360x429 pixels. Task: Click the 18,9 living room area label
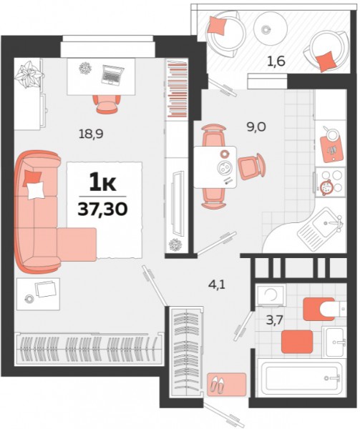[x=91, y=134]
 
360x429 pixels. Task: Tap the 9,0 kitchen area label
[x=256, y=127]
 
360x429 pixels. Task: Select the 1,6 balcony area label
[x=276, y=61]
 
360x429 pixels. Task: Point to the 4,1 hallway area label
[x=217, y=285]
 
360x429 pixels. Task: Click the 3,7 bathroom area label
[x=274, y=320]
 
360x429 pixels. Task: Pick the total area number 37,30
[x=102, y=209]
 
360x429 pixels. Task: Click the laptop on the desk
[x=112, y=74]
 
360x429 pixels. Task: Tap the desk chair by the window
[x=107, y=104]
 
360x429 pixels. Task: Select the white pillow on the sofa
[x=36, y=190]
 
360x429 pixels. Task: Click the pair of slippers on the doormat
[x=217, y=385]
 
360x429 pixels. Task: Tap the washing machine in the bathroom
[x=271, y=295]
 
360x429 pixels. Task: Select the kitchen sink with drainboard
[x=321, y=230]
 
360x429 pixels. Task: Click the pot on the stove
[x=326, y=187]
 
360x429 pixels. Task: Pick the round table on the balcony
[x=271, y=28]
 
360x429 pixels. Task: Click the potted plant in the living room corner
[x=29, y=74]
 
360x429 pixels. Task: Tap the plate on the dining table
[x=225, y=167]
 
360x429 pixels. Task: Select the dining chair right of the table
[x=252, y=167]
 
